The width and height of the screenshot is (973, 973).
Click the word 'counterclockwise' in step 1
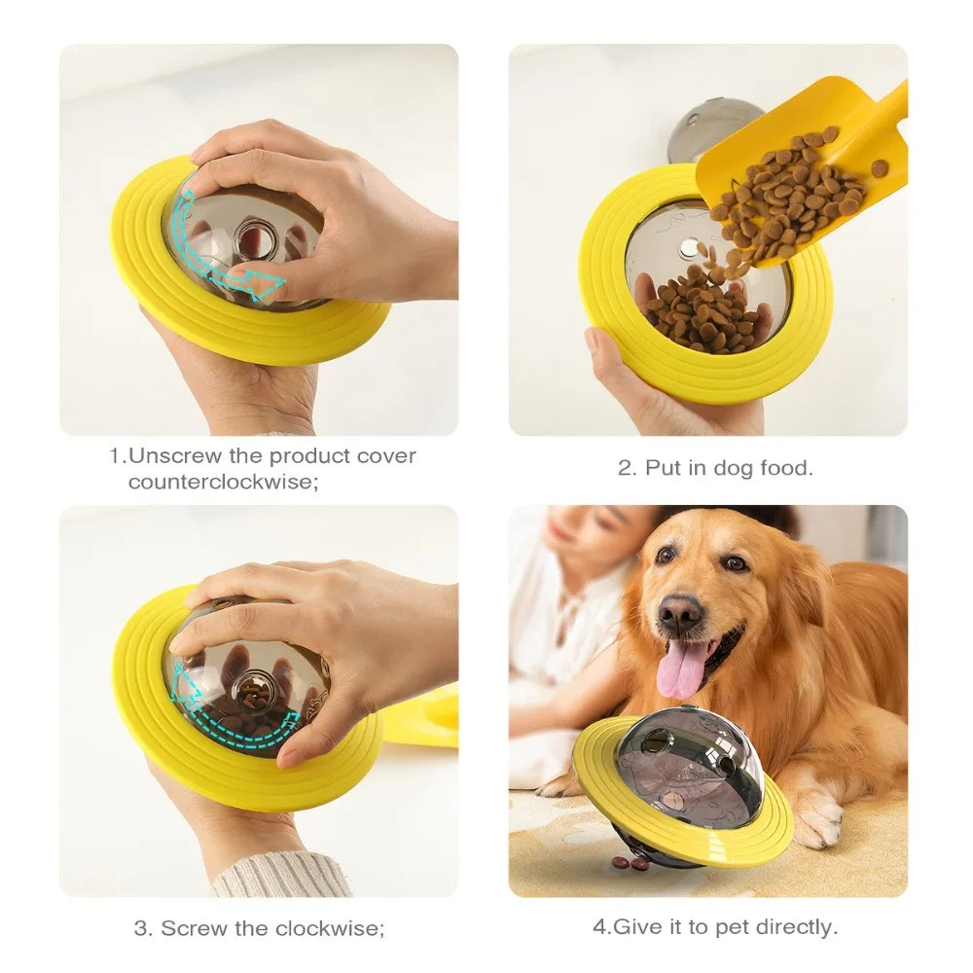coord(223,483)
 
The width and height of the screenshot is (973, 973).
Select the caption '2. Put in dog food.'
coord(715,468)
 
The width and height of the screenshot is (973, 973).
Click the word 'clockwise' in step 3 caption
coord(327,928)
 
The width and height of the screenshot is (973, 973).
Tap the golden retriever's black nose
coord(679,614)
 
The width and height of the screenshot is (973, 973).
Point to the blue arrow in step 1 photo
coord(230,263)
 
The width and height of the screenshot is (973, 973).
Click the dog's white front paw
coord(816,817)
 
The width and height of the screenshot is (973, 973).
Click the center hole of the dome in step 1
coord(256,239)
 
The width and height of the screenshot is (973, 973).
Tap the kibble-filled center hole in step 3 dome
coord(256,693)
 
